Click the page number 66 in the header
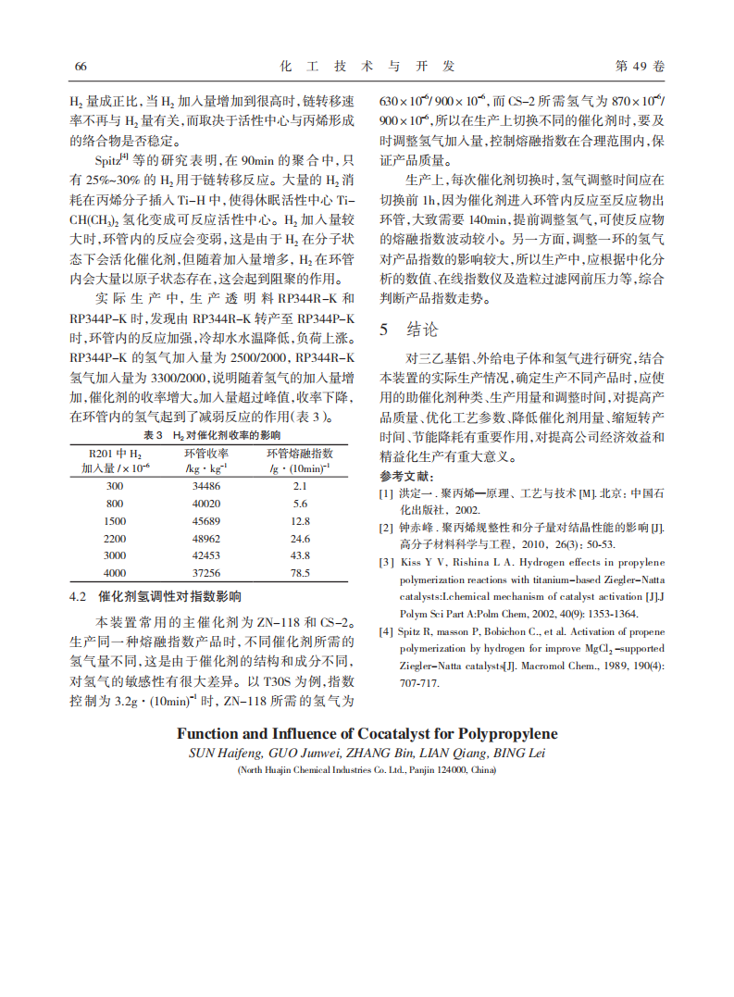pyautogui.click(x=80, y=67)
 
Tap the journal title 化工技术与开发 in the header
pyautogui.click(x=367, y=67)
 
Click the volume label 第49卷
pyautogui.click(x=640, y=67)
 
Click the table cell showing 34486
pyautogui.click(x=206, y=486)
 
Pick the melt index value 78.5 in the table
pyautogui.click(x=300, y=574)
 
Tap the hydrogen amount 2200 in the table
pyautogui.click(x=115, y=539)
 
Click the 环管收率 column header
pyautogui.click(x=206, y=454)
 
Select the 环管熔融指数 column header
pyautogui.click(x=300, y=454)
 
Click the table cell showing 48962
pyautogui.click(x=206, y=539)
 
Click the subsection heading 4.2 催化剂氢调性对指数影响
pyautogui.click(x=156, y=597)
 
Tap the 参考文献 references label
pyautogui.click(x=406, y=476)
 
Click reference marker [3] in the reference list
pyautogui.click(x=386, y=562)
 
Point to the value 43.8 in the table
pyautogui.click(x=300, y=556)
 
